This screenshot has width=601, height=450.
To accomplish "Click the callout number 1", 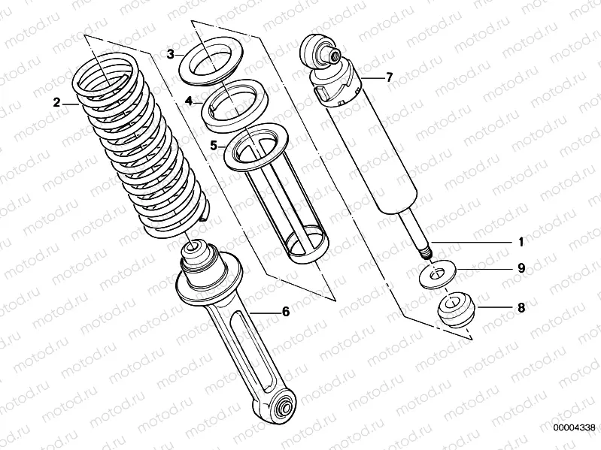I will pos(520,242).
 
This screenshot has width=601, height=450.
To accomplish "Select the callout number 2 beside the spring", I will pos(56,103).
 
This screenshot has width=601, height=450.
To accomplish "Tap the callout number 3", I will pos(171,54).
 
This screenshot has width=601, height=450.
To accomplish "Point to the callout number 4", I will pos(190,101).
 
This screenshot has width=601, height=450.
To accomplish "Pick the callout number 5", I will pos(214,145).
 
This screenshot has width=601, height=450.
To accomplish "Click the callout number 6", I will pos(285,311).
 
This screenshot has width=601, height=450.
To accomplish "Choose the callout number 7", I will pos(389,77).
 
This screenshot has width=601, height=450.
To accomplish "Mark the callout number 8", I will pos(520,307).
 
